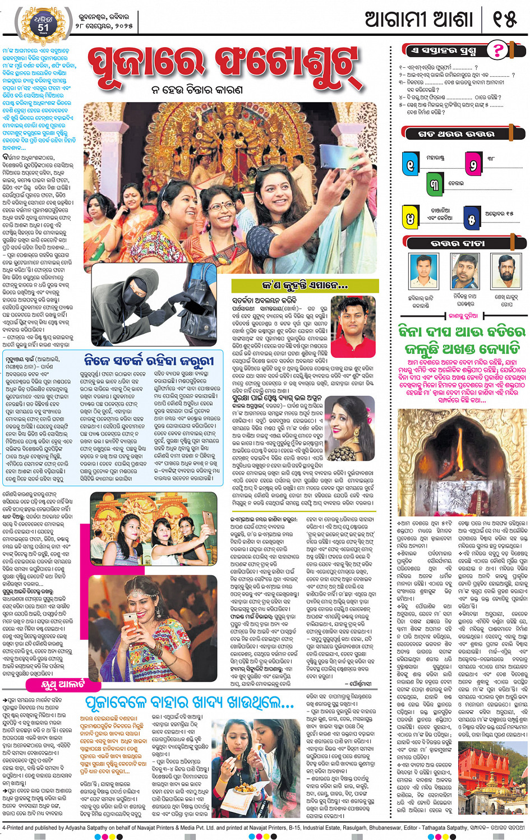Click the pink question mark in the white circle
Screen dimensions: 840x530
tap(496, 50)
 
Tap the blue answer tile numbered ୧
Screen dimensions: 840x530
tap(411, 164)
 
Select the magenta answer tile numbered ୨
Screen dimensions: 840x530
tap(473, 164)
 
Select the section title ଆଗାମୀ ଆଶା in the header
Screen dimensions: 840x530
tap(419, 20)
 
